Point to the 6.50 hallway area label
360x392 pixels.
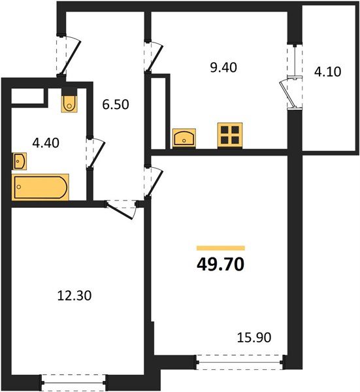point(117,103)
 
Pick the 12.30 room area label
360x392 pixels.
point(73,296)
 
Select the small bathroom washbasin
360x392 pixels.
point(19,161)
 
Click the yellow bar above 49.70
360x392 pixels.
point(221,248)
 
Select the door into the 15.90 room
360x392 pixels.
point(153,183)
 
